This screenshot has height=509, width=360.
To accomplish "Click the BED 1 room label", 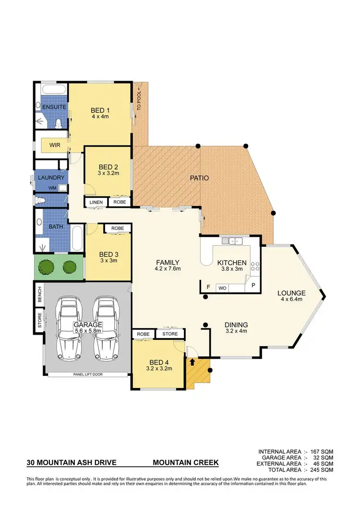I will [x=101, y=109].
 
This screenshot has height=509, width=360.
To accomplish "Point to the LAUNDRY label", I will [x=51, y=177].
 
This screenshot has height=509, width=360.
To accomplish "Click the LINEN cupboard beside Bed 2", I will [x=96, y=202].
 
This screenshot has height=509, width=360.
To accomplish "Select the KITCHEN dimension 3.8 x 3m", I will [x=232, y=269].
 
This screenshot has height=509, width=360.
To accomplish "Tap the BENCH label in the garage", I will [x=40, y=293].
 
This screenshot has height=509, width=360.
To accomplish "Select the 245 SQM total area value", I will [x=322, y=470].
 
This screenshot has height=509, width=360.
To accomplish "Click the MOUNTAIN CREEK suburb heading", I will [x=186, y=463].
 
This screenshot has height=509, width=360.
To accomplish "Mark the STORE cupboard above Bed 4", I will [x=170, y=334].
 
